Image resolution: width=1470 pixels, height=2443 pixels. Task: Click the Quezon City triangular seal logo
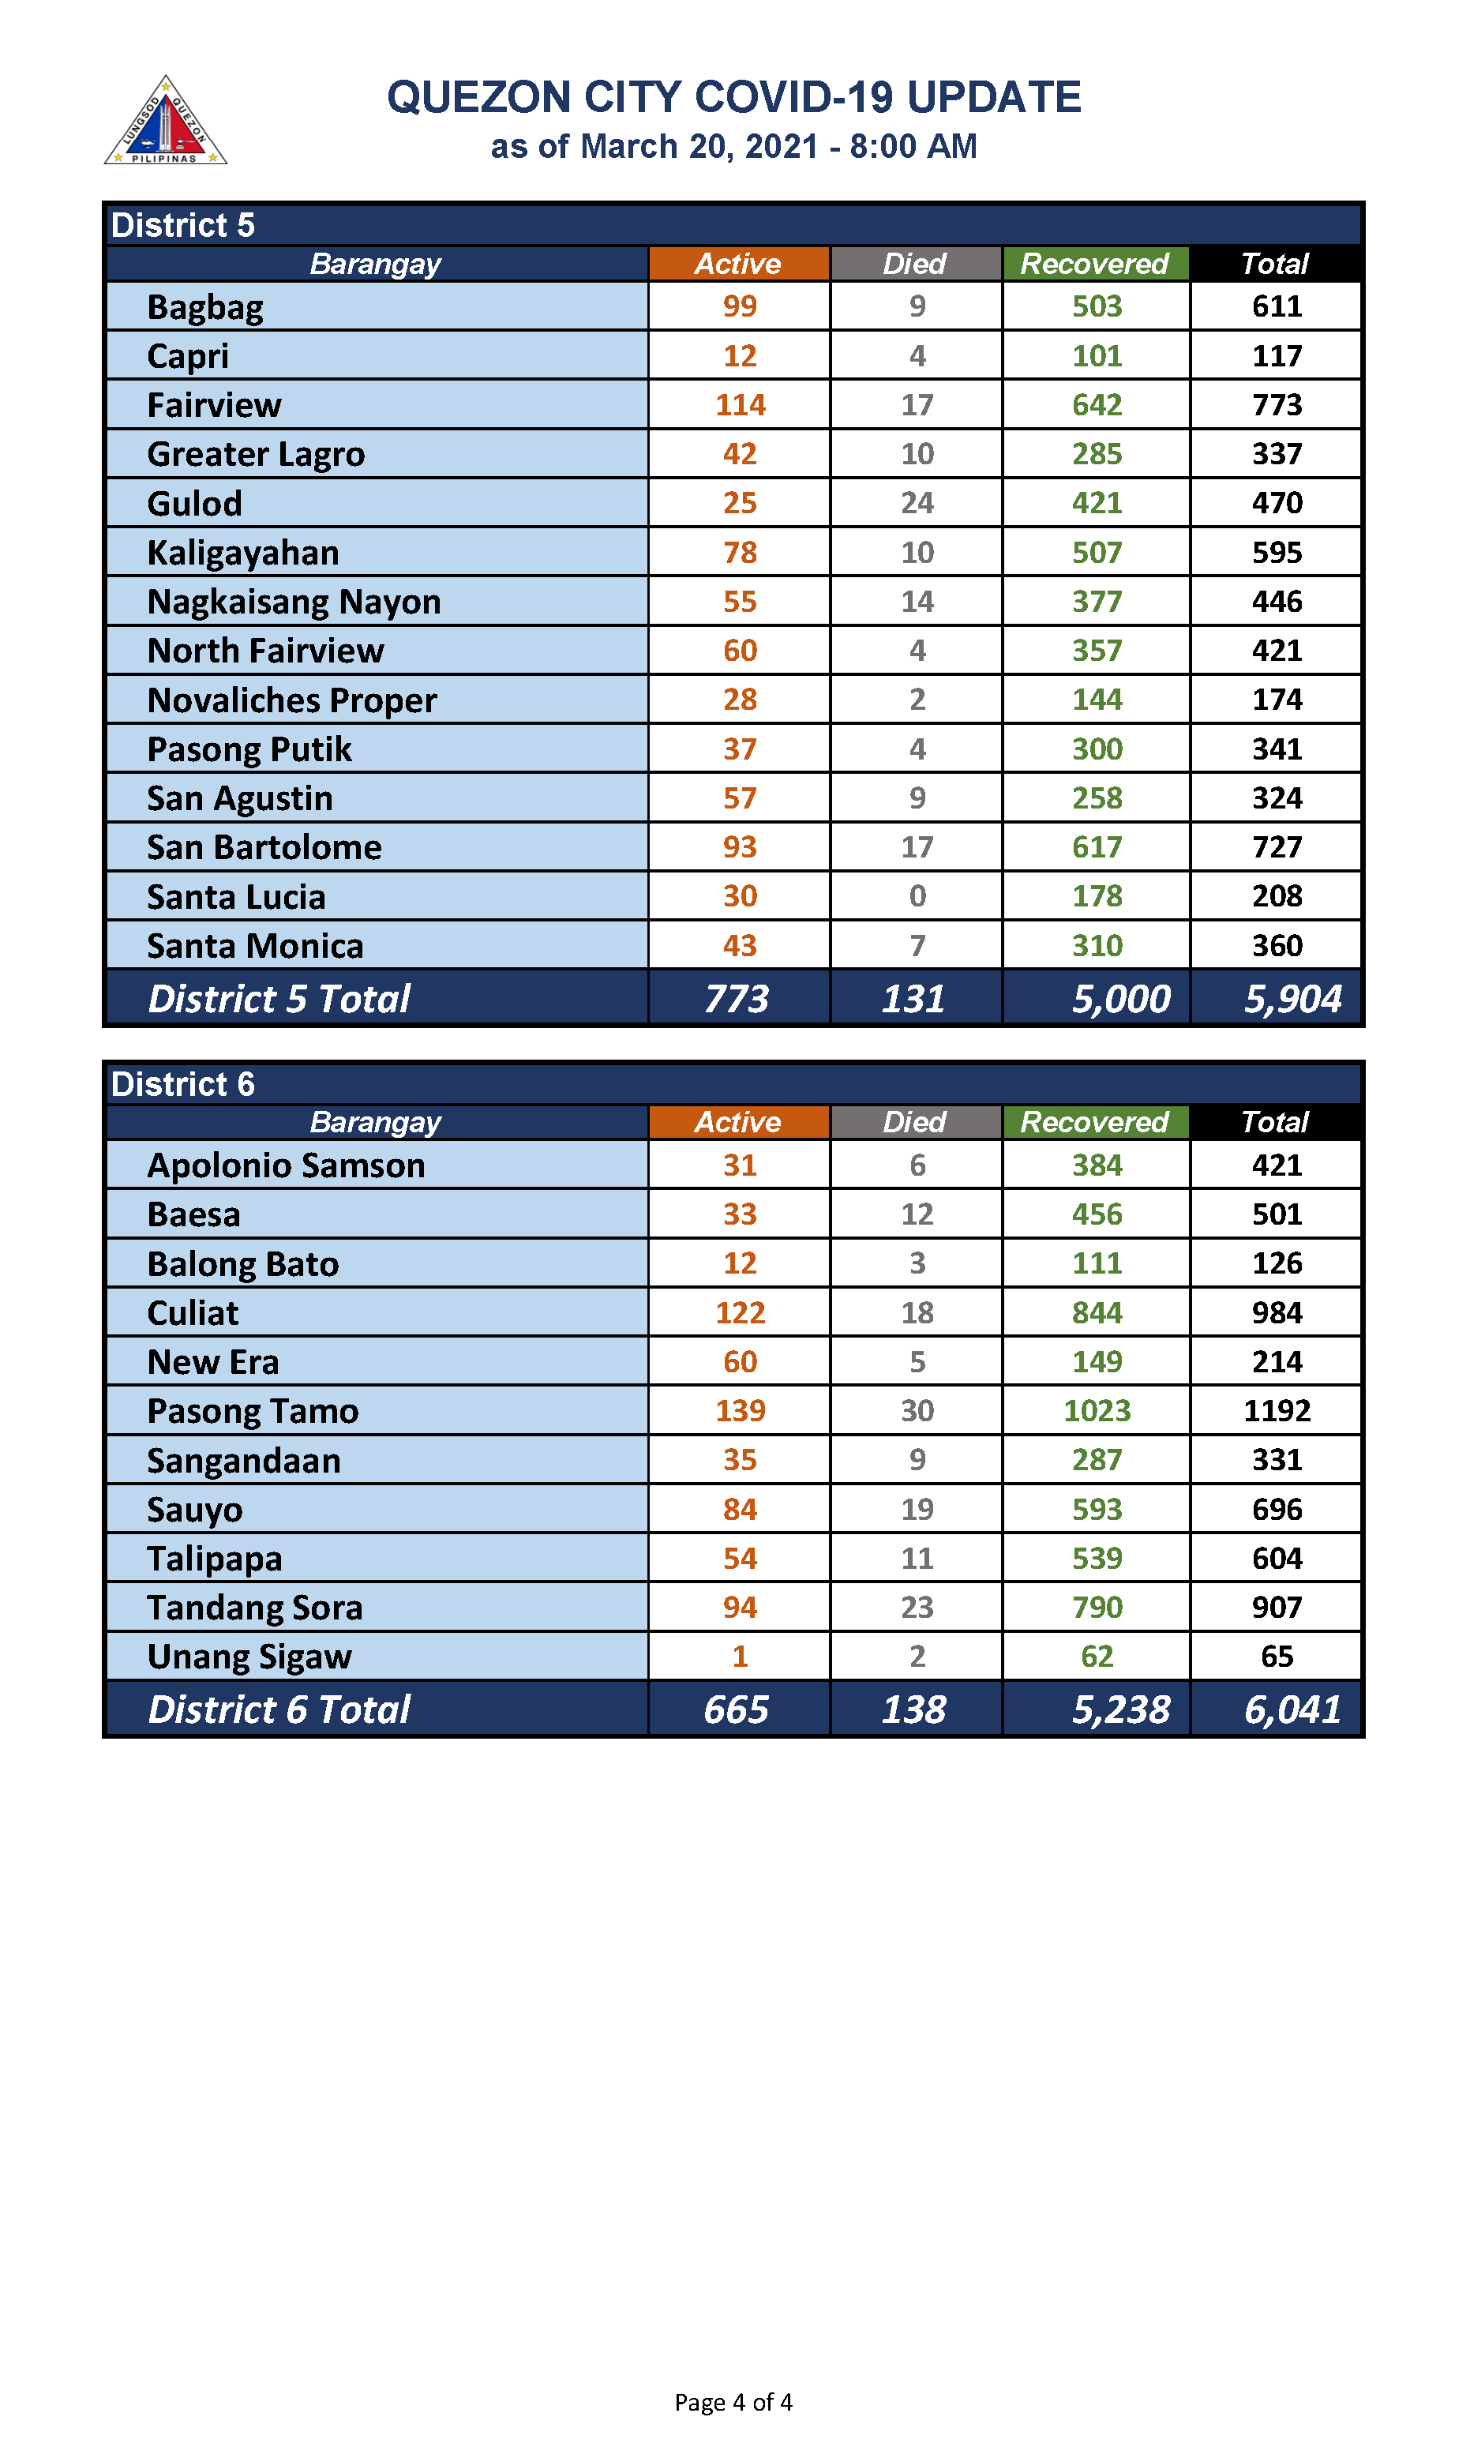click(166, 122)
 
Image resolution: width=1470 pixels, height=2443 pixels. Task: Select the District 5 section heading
click(183, 225)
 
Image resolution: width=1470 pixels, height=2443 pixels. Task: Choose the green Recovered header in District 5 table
click(1094, 264)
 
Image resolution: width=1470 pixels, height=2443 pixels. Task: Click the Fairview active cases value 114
click(740, 405)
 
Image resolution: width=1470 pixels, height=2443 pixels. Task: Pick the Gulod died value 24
click(917, 503)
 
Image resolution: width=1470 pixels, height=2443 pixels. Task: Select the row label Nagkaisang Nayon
click(294, 602)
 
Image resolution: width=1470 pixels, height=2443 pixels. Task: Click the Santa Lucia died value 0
click(917, 896)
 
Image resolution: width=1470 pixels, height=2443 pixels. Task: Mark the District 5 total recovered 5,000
click(1120, 999)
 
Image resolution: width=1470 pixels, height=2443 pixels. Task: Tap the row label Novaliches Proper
click(291, 700)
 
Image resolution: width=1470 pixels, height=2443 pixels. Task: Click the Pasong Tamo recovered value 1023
click(1097, 1411)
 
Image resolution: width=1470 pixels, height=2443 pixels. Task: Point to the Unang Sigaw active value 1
click(740, 1657)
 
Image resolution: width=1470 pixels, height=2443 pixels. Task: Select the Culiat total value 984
click(1276, 1312)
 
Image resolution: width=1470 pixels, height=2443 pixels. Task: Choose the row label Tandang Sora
click(254, 1607)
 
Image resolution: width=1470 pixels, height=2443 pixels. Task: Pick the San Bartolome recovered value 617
click(1097, 847)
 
